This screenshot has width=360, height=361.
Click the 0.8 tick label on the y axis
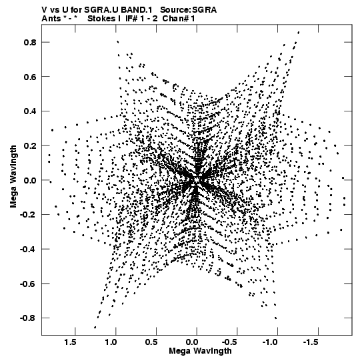pos(30,42)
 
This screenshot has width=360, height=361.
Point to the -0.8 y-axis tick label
pos(28,318)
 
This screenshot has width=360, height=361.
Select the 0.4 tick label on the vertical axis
pos(30,111)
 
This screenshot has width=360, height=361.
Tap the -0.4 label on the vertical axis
pos(28,249)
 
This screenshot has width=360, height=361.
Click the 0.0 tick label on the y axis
pos(30,180)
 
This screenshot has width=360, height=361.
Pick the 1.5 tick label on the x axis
pos(70,342)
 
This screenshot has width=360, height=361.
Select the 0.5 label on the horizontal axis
pos(151,342)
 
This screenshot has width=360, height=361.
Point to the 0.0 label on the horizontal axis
pos(192,342)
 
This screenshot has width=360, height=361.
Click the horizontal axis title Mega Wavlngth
pos(200,351)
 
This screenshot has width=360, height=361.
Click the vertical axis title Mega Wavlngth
pos(13,177)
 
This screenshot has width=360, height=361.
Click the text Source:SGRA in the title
pos(188,10)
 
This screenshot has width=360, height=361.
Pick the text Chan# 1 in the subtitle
pos(179,19)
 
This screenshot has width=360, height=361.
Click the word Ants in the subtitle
pos(51,19)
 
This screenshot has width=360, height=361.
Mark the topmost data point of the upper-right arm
pos(299,33)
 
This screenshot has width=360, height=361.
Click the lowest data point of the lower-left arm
pos(95,327)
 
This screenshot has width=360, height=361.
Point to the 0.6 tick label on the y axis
pos(30,77)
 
